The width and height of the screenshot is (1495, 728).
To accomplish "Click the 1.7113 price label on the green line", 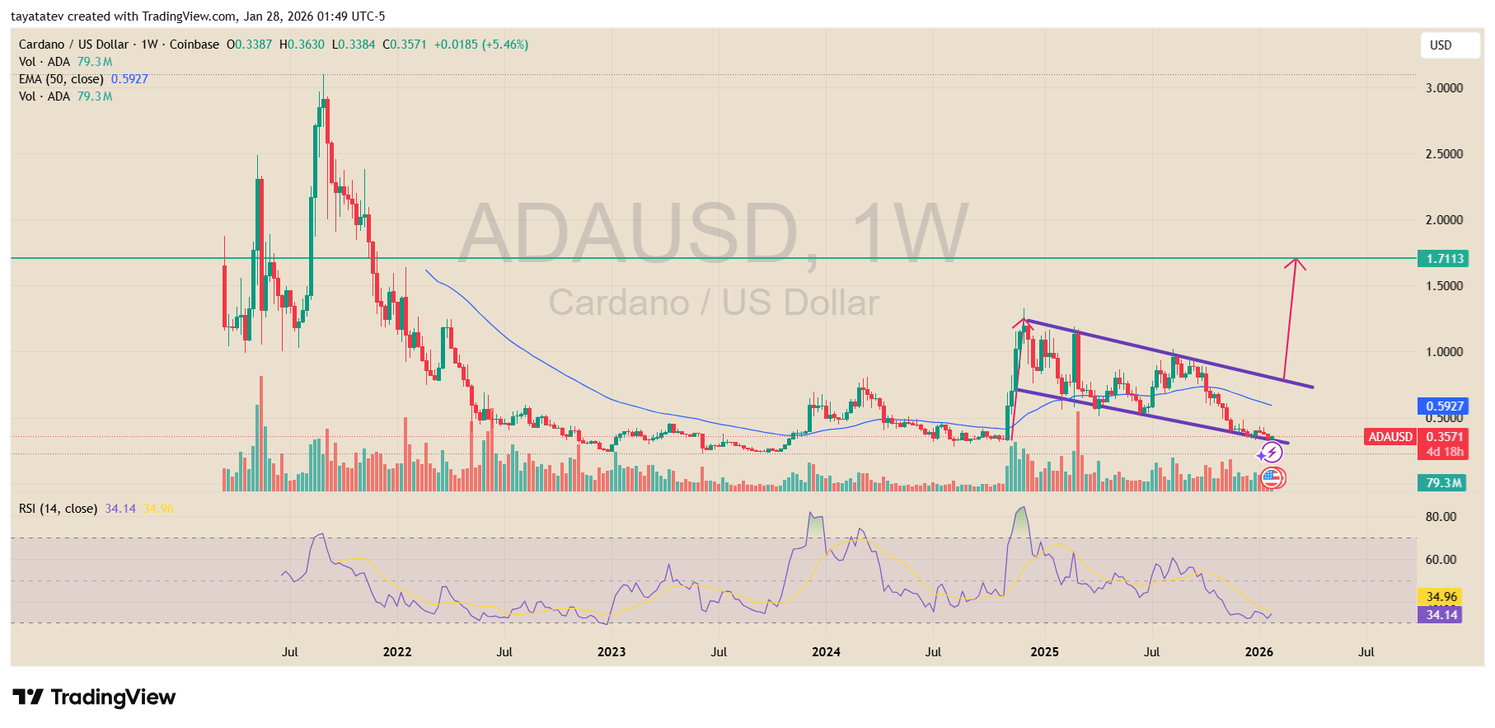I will (1444, 259).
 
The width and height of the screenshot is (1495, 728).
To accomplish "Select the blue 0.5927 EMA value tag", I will (1444, 406).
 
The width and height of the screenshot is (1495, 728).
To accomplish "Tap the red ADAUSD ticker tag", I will (1390, 437).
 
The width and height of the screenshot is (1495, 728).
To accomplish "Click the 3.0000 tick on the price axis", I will (1444, 88).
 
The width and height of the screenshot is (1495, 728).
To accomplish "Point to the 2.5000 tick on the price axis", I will (1444, 154).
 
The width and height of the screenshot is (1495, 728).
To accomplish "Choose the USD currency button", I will (1449, 45).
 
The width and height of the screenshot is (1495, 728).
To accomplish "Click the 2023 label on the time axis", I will (612, 652).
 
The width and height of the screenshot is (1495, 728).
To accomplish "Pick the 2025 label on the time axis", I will (1044, 652).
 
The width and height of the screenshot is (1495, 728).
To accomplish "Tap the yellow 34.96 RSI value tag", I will (1441, 596).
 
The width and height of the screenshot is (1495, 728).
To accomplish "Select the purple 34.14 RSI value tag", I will (1441, 614).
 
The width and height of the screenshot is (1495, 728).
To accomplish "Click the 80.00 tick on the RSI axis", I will (1441, 517).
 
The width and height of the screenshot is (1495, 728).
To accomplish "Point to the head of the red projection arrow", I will (1296, 261).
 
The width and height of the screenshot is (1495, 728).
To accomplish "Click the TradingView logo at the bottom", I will (94, 697).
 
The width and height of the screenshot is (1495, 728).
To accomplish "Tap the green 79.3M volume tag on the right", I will (1443, 483).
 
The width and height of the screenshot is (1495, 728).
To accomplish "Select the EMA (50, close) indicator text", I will (61, 79).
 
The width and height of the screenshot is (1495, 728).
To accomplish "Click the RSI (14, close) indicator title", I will (58, 509).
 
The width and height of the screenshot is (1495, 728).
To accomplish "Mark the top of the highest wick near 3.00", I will (323, 76).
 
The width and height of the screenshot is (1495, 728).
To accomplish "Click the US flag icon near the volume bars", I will (1273, 477).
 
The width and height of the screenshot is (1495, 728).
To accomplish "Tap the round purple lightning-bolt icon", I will (1272, 452).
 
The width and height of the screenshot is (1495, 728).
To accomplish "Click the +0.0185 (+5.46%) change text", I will (481, 45).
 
